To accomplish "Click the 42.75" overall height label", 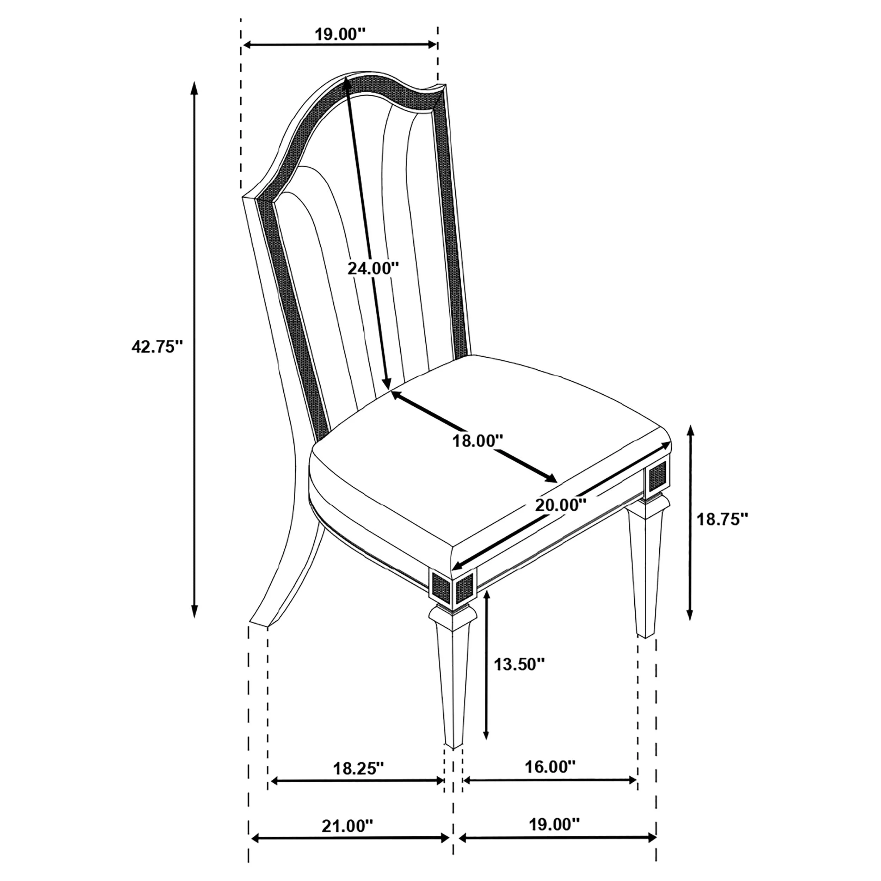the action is (157, 347).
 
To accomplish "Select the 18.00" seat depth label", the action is (478, 441).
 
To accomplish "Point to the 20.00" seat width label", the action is (560, 505).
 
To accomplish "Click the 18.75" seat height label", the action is (723, 519).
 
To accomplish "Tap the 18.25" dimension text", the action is (359, 768).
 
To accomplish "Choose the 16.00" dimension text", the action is (550, 767).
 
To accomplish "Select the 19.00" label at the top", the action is (340, 34).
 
